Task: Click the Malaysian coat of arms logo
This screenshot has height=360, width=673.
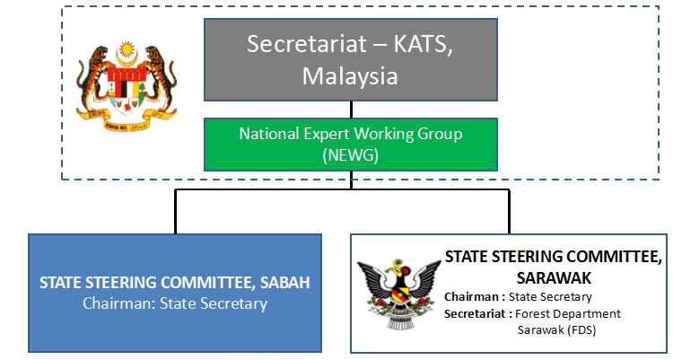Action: pos(127,86)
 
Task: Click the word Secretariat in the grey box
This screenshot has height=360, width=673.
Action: pos(307,44)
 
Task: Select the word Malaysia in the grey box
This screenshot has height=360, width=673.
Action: pos(350,76)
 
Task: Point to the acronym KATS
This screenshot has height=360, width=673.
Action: pos(423,44)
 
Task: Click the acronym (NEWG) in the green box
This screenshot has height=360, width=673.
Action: pos(351,155)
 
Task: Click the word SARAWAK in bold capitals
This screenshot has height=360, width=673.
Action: pos(554,278)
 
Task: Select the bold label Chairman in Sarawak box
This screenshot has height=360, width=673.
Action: pos(471,297)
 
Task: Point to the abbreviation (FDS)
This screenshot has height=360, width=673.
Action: pos(581,330)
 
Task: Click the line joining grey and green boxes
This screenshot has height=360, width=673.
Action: pos(351,110)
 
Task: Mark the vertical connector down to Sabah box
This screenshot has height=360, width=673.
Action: pos(175,212)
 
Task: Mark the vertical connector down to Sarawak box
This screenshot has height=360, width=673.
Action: pos(509,212)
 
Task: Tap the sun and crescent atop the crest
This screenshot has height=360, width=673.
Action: pos(127,53)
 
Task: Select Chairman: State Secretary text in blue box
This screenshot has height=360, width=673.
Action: pos(175,303)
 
